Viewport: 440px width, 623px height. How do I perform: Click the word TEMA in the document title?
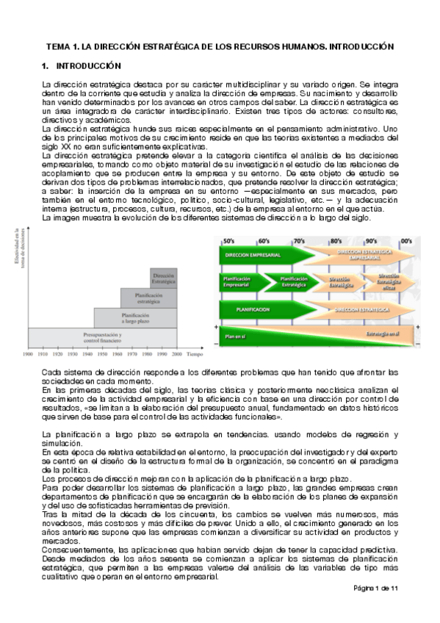[x=59, y=46]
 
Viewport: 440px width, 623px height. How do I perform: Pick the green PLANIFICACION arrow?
[x=257, y=310]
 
